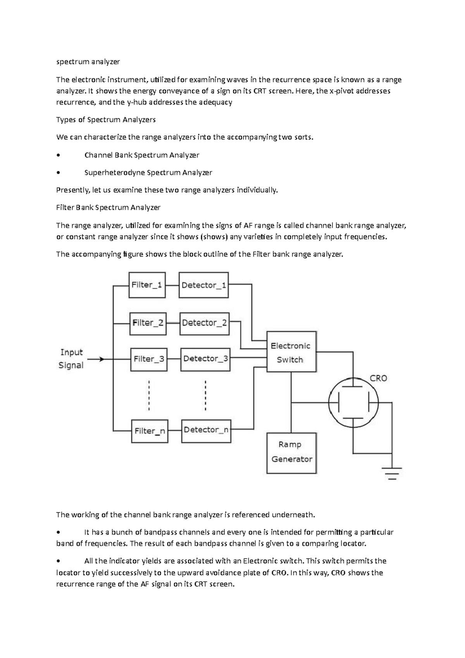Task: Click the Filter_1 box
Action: pyautogui.click(x=147, y=285)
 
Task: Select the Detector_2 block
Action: pyautogui.click(x=204, y=323)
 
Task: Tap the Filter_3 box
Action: pyautogui.click(x=149, y=359)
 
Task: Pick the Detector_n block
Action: pyautogui.click(x=206, y=431)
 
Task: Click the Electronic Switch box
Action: pyautogui.click(x=291, y=352)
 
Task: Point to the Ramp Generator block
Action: pyautogui.click(x=291, y=453)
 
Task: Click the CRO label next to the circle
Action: pyautogui.click(x=378, y=378)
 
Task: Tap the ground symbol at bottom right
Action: pyautogui.click(x=392, y=473)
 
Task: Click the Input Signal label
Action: pyautogui.click(x=71, y=359)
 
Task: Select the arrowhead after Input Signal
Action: pyautogui.click(x=102, y=359)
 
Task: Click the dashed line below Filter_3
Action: pyautogui.click(x=149, y=395)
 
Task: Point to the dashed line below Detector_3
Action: pyautogui.click(x=205, y=395)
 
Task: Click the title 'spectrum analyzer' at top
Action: pyautogui.click(x=88, y=62)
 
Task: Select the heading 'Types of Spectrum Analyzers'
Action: pyautogui.click(x=106, y=120)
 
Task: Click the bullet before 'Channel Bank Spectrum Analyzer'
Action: pyautogui.click(x=58, y=155)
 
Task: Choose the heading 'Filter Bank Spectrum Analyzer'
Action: pyautogui.click(x=108, y=207)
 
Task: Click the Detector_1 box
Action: pyautogui.click(x=203, y=285)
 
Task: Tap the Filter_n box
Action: pyautogui.click(x=149, y=431)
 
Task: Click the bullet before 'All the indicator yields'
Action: pyautogui.click(x=58, y=561)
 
